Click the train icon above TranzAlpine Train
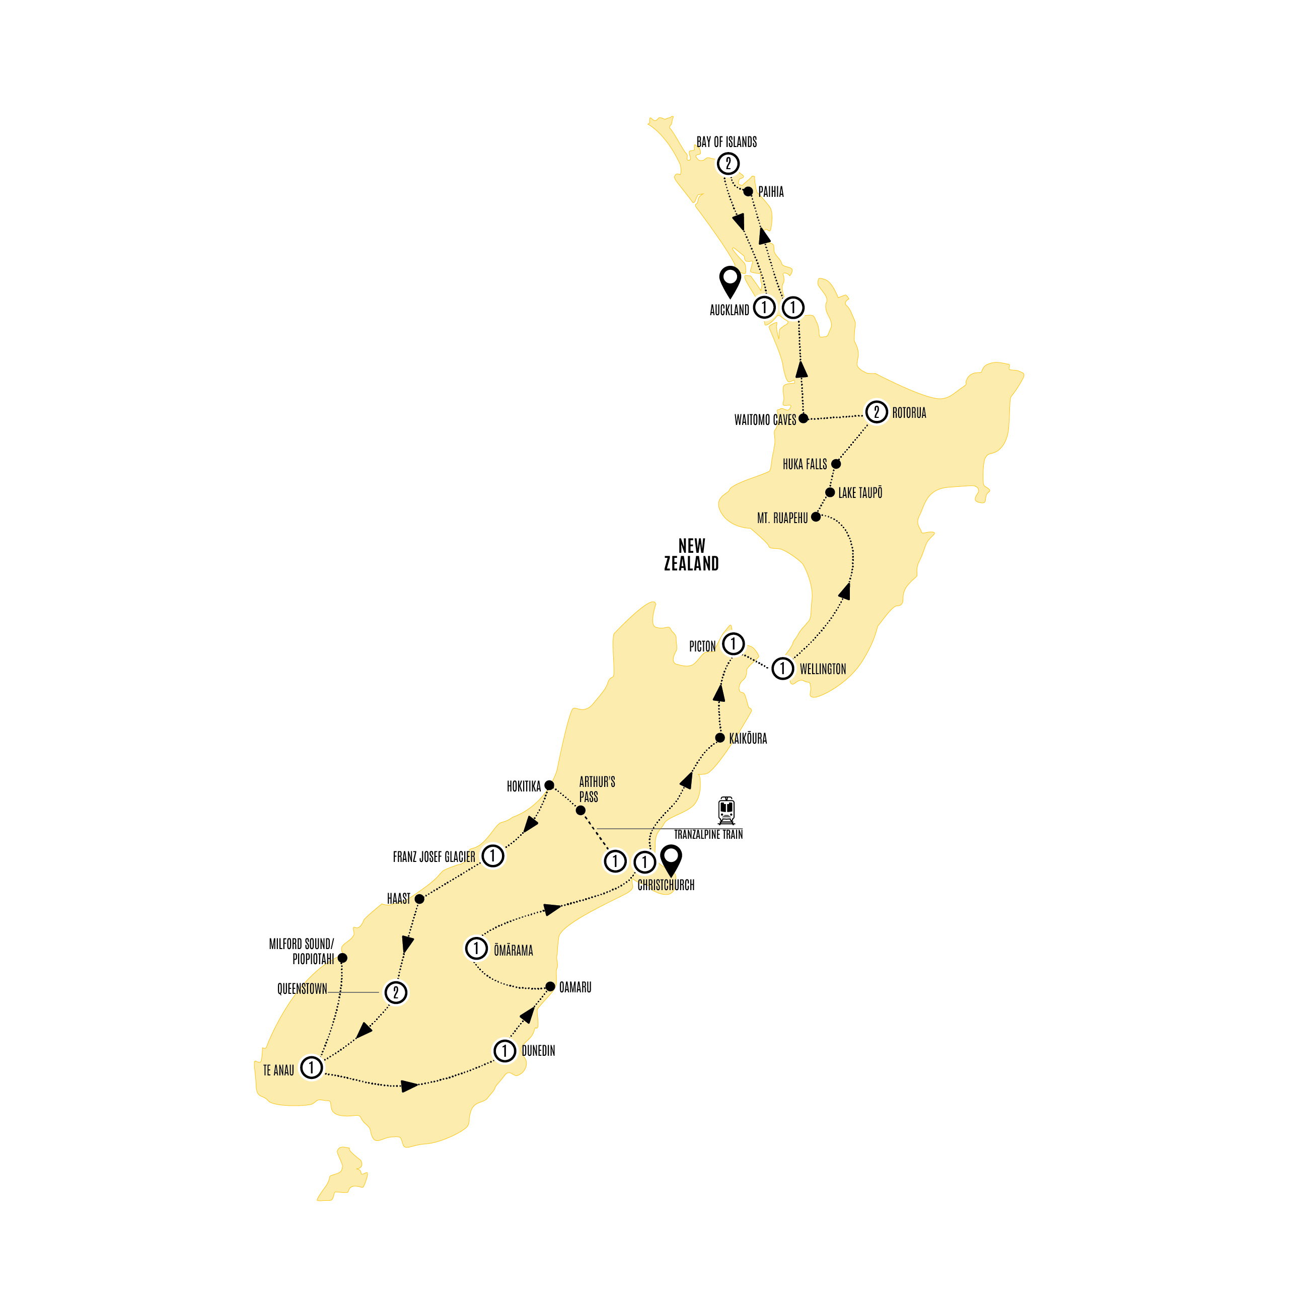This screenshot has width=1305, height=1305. tap(726, 811)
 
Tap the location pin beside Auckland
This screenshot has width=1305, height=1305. tap(730, 281)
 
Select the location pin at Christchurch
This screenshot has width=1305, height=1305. tap(671, 860)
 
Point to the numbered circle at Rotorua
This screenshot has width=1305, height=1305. tap(876, 412)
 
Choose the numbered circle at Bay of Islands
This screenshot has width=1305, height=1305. tap(728, 164)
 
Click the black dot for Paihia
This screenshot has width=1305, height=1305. tap(748, 192)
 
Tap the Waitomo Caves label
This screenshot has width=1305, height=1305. tap(765, 420)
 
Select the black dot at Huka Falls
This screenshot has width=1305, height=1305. tap(836, 464)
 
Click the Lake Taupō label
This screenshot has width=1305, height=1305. tap(860, 493)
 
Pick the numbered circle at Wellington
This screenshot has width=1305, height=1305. tap(782, 669)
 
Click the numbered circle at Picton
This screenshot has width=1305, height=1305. tap(734, 644)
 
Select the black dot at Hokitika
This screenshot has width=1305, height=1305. tap(549, 785)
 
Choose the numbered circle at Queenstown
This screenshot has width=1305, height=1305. tap(396, 993)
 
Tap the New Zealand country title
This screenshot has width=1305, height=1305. tap(691, 554)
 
